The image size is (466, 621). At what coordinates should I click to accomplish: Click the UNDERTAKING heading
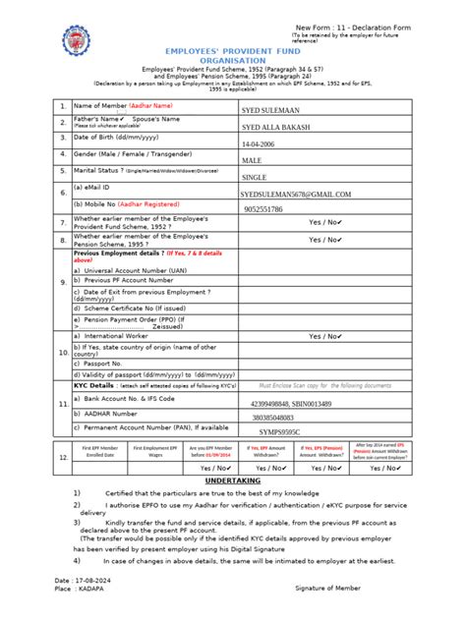(232, 480)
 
